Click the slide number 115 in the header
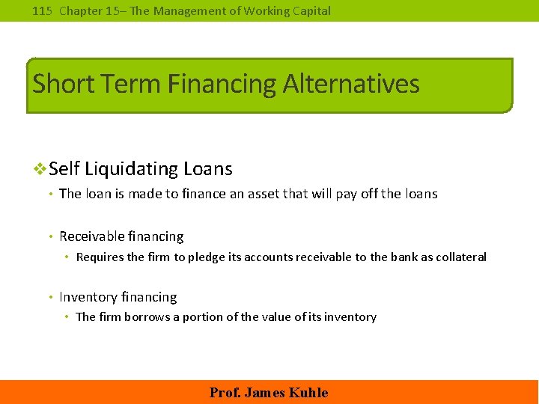43,10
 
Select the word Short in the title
61,83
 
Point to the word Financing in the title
222,83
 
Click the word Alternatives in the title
351,83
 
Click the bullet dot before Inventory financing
49,298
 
